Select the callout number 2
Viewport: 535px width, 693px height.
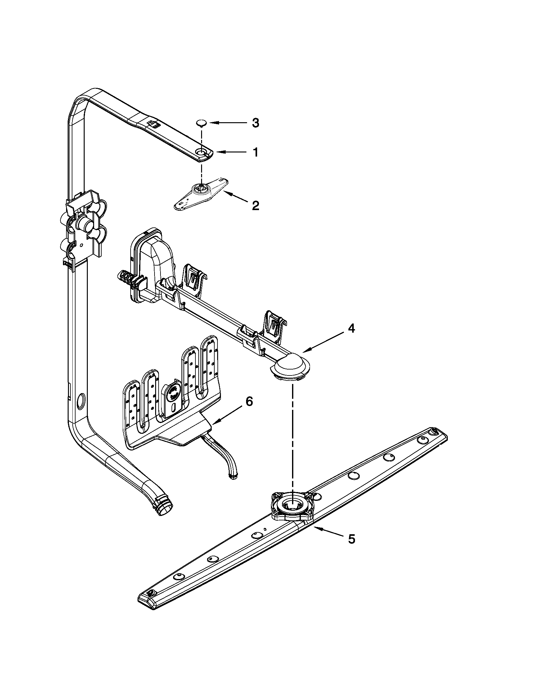[x=255, y=206]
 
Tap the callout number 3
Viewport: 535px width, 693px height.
[x=255, y=123]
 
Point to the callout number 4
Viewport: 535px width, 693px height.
[x=351, y=329]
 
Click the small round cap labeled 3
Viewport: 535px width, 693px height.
[x=201, y=123]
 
